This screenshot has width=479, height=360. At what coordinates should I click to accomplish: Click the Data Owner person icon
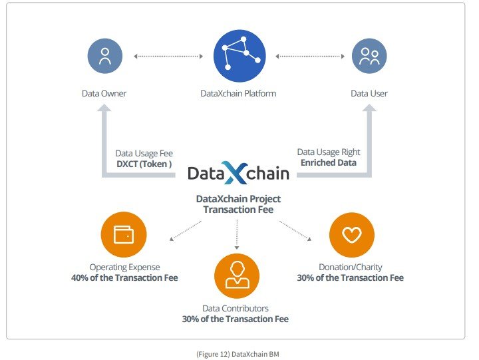(x=105, y=56)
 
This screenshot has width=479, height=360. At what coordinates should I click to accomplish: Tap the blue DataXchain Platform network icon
(x=239, y=56)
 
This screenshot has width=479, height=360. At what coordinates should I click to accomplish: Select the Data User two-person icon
(x=369, y=56)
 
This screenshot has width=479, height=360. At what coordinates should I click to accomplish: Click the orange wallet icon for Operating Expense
(x=124, y=234)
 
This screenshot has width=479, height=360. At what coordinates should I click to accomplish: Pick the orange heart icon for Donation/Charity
(x=352, y=235)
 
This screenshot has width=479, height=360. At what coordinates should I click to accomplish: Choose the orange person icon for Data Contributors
(x=237, y=275)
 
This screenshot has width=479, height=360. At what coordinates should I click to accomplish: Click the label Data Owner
(x=104, y=94)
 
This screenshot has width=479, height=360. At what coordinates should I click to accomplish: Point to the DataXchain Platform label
(x=238, y=94)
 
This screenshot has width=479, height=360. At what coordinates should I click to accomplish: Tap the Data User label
(x=369, y=94)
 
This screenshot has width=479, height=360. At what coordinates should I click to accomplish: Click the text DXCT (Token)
(x=144, y=164)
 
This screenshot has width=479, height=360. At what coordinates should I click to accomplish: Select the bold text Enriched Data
(x=329, y=162)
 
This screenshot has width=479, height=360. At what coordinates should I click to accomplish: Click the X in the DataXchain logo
(x=235, y=172)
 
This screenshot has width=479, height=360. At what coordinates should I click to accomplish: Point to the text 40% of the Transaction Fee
(x=124, y=277)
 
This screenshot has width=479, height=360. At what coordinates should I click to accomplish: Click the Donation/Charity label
(x=351, y=267)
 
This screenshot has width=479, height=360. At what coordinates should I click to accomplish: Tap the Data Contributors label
(x=236, y=308)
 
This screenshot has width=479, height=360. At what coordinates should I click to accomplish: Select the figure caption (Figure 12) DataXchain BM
(x=238, y=354)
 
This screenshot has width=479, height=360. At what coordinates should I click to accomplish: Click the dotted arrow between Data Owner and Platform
(x=168, y=57)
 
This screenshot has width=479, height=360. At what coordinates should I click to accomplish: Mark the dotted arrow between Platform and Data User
(x=310, y=57)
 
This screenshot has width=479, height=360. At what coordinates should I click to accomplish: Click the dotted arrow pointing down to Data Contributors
(x=237, y=235)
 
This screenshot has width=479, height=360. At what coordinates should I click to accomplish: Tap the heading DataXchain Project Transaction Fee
(x=238, y=204)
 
